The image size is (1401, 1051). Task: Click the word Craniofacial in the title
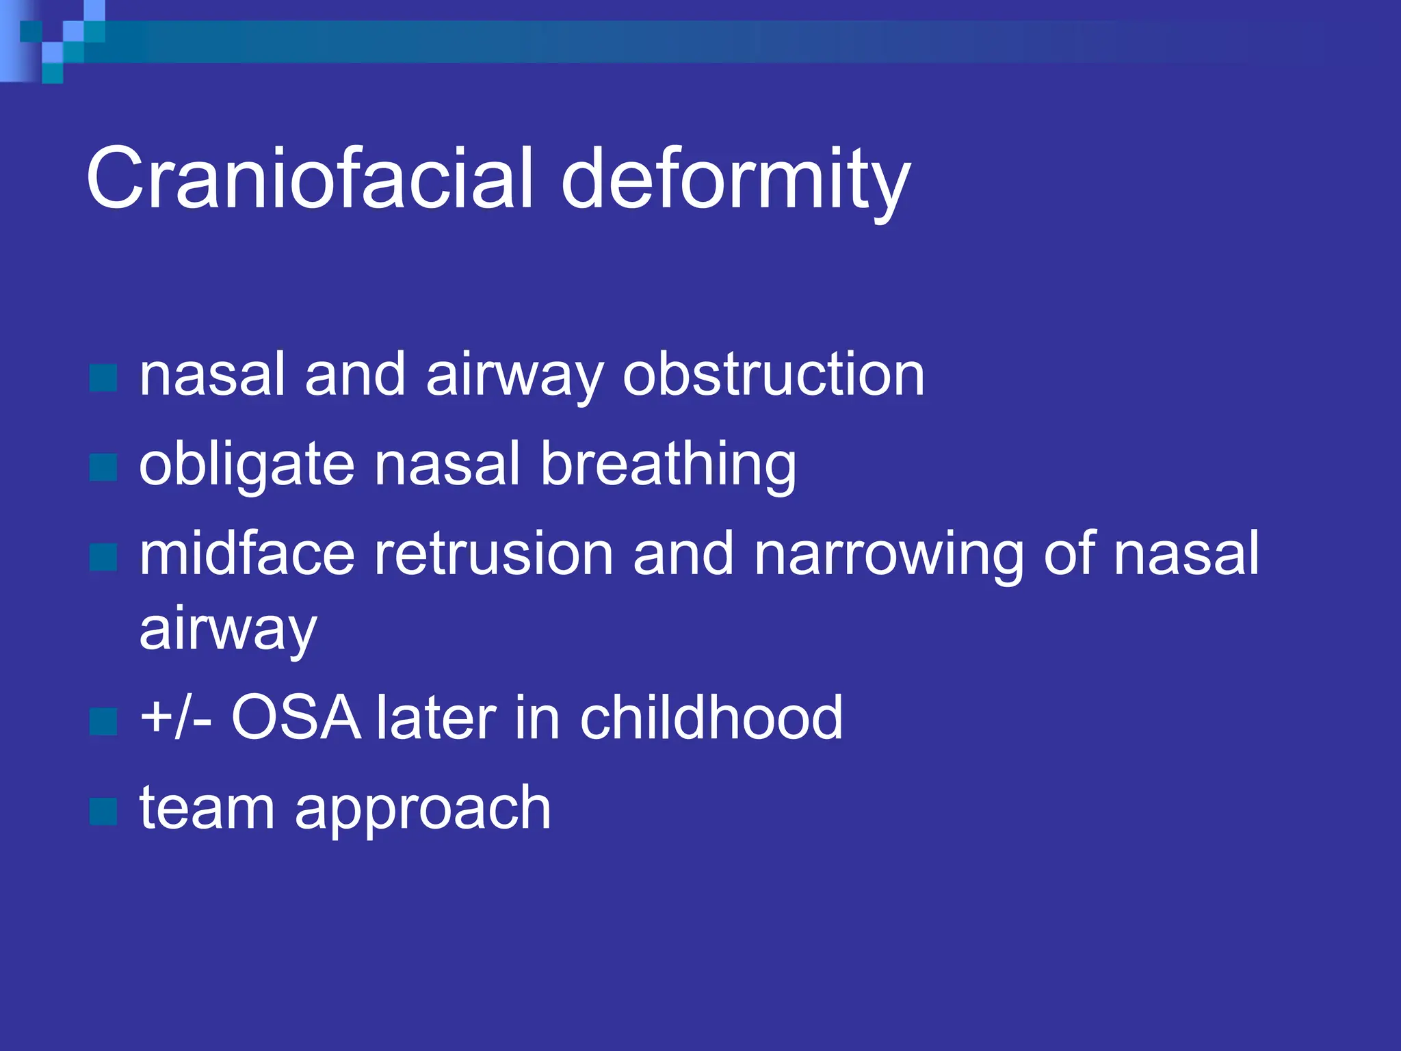coord(309,179)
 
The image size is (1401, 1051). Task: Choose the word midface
coord(246,554)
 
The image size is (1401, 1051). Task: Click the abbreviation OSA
coord(296,718)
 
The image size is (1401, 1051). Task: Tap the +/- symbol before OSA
coord(175,718)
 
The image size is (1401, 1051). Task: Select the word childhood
coord(711,718)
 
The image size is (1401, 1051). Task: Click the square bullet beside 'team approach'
coord(103,812)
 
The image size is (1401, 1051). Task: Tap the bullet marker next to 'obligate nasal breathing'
coord(103,468)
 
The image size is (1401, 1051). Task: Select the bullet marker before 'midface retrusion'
coord(103,557)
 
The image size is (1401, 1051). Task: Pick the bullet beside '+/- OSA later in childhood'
coord(103,721)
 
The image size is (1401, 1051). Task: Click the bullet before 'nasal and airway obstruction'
coord(103,378)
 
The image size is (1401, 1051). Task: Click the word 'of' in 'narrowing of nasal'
coord(1068,554)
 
